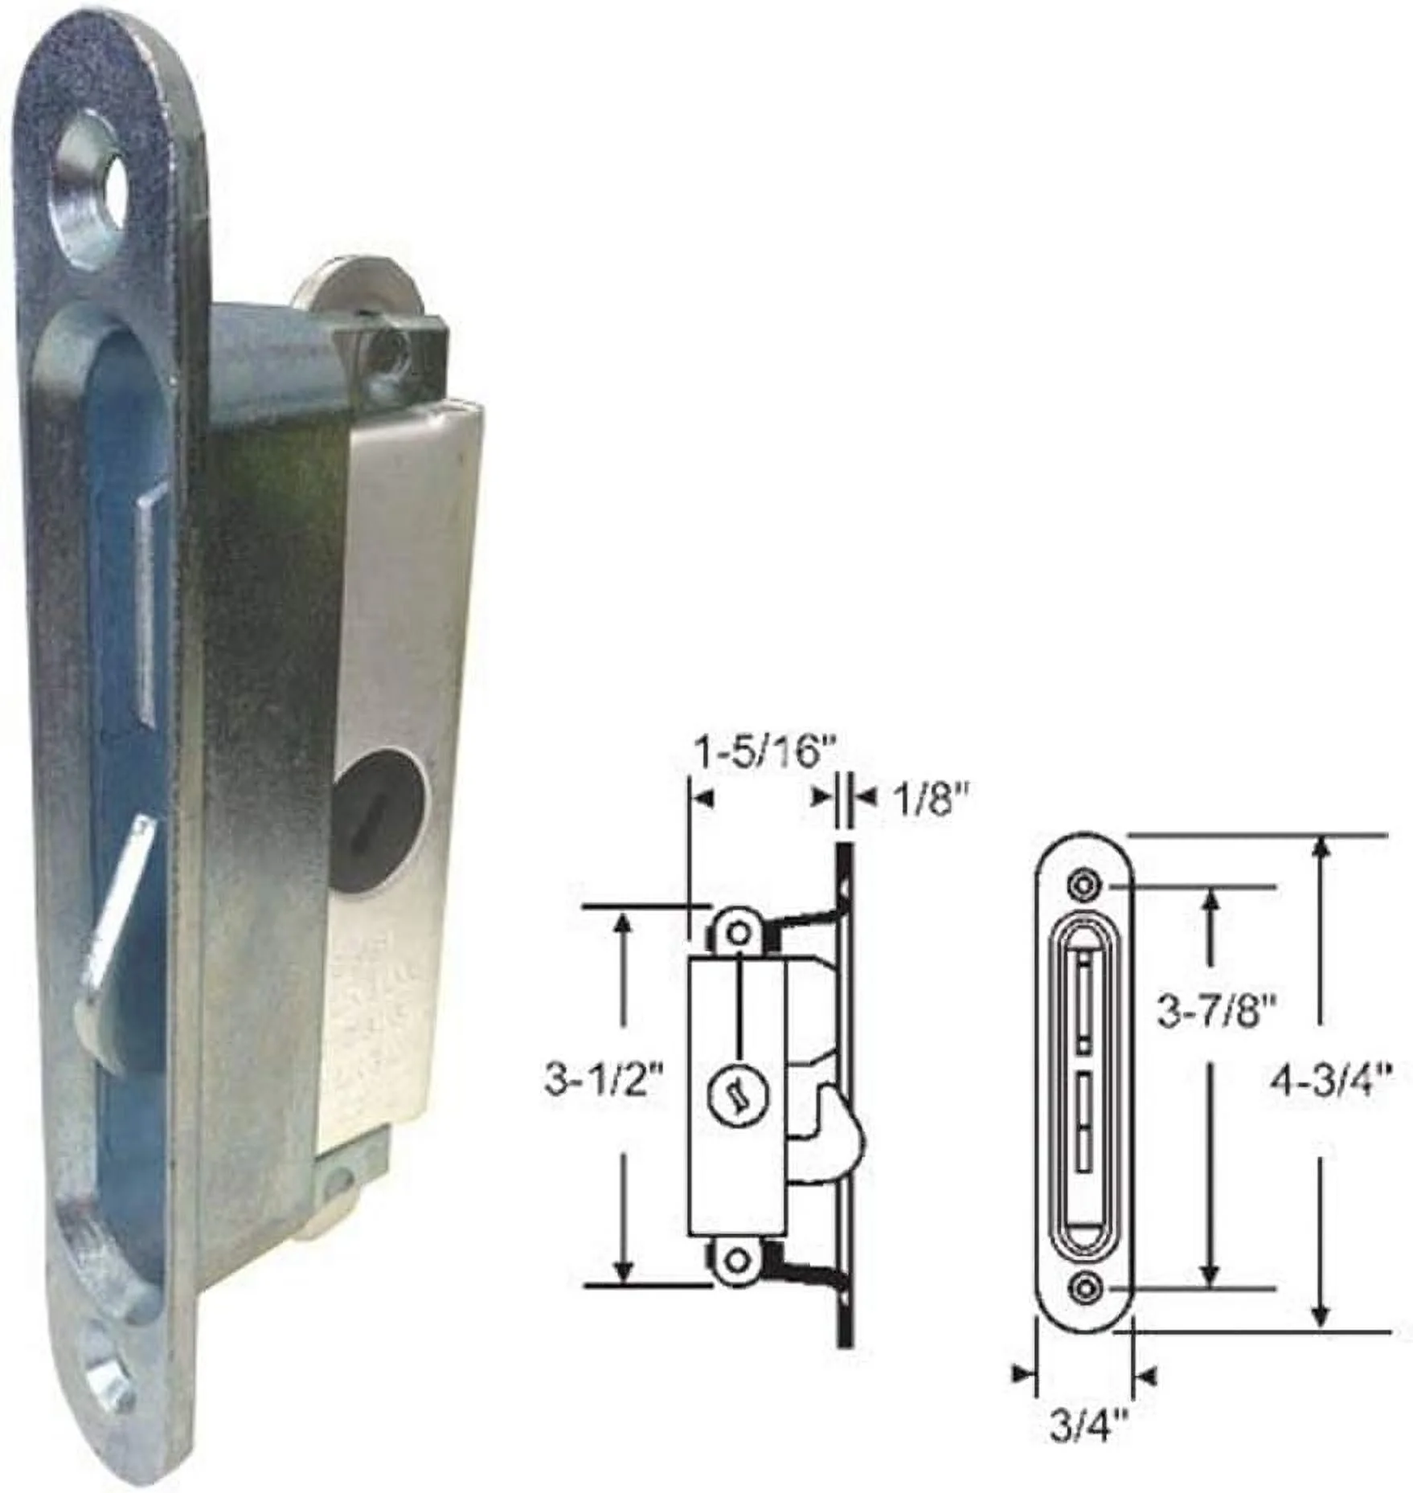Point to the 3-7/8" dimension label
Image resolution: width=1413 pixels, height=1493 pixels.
click(x=1215, y=1013)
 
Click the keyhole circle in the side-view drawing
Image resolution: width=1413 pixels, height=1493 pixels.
click(x=739, y=1094)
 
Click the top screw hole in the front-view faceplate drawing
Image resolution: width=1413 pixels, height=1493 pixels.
click(x=1084, y=885)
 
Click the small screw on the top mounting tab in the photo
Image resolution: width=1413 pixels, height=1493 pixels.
click(x=392, y=346)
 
